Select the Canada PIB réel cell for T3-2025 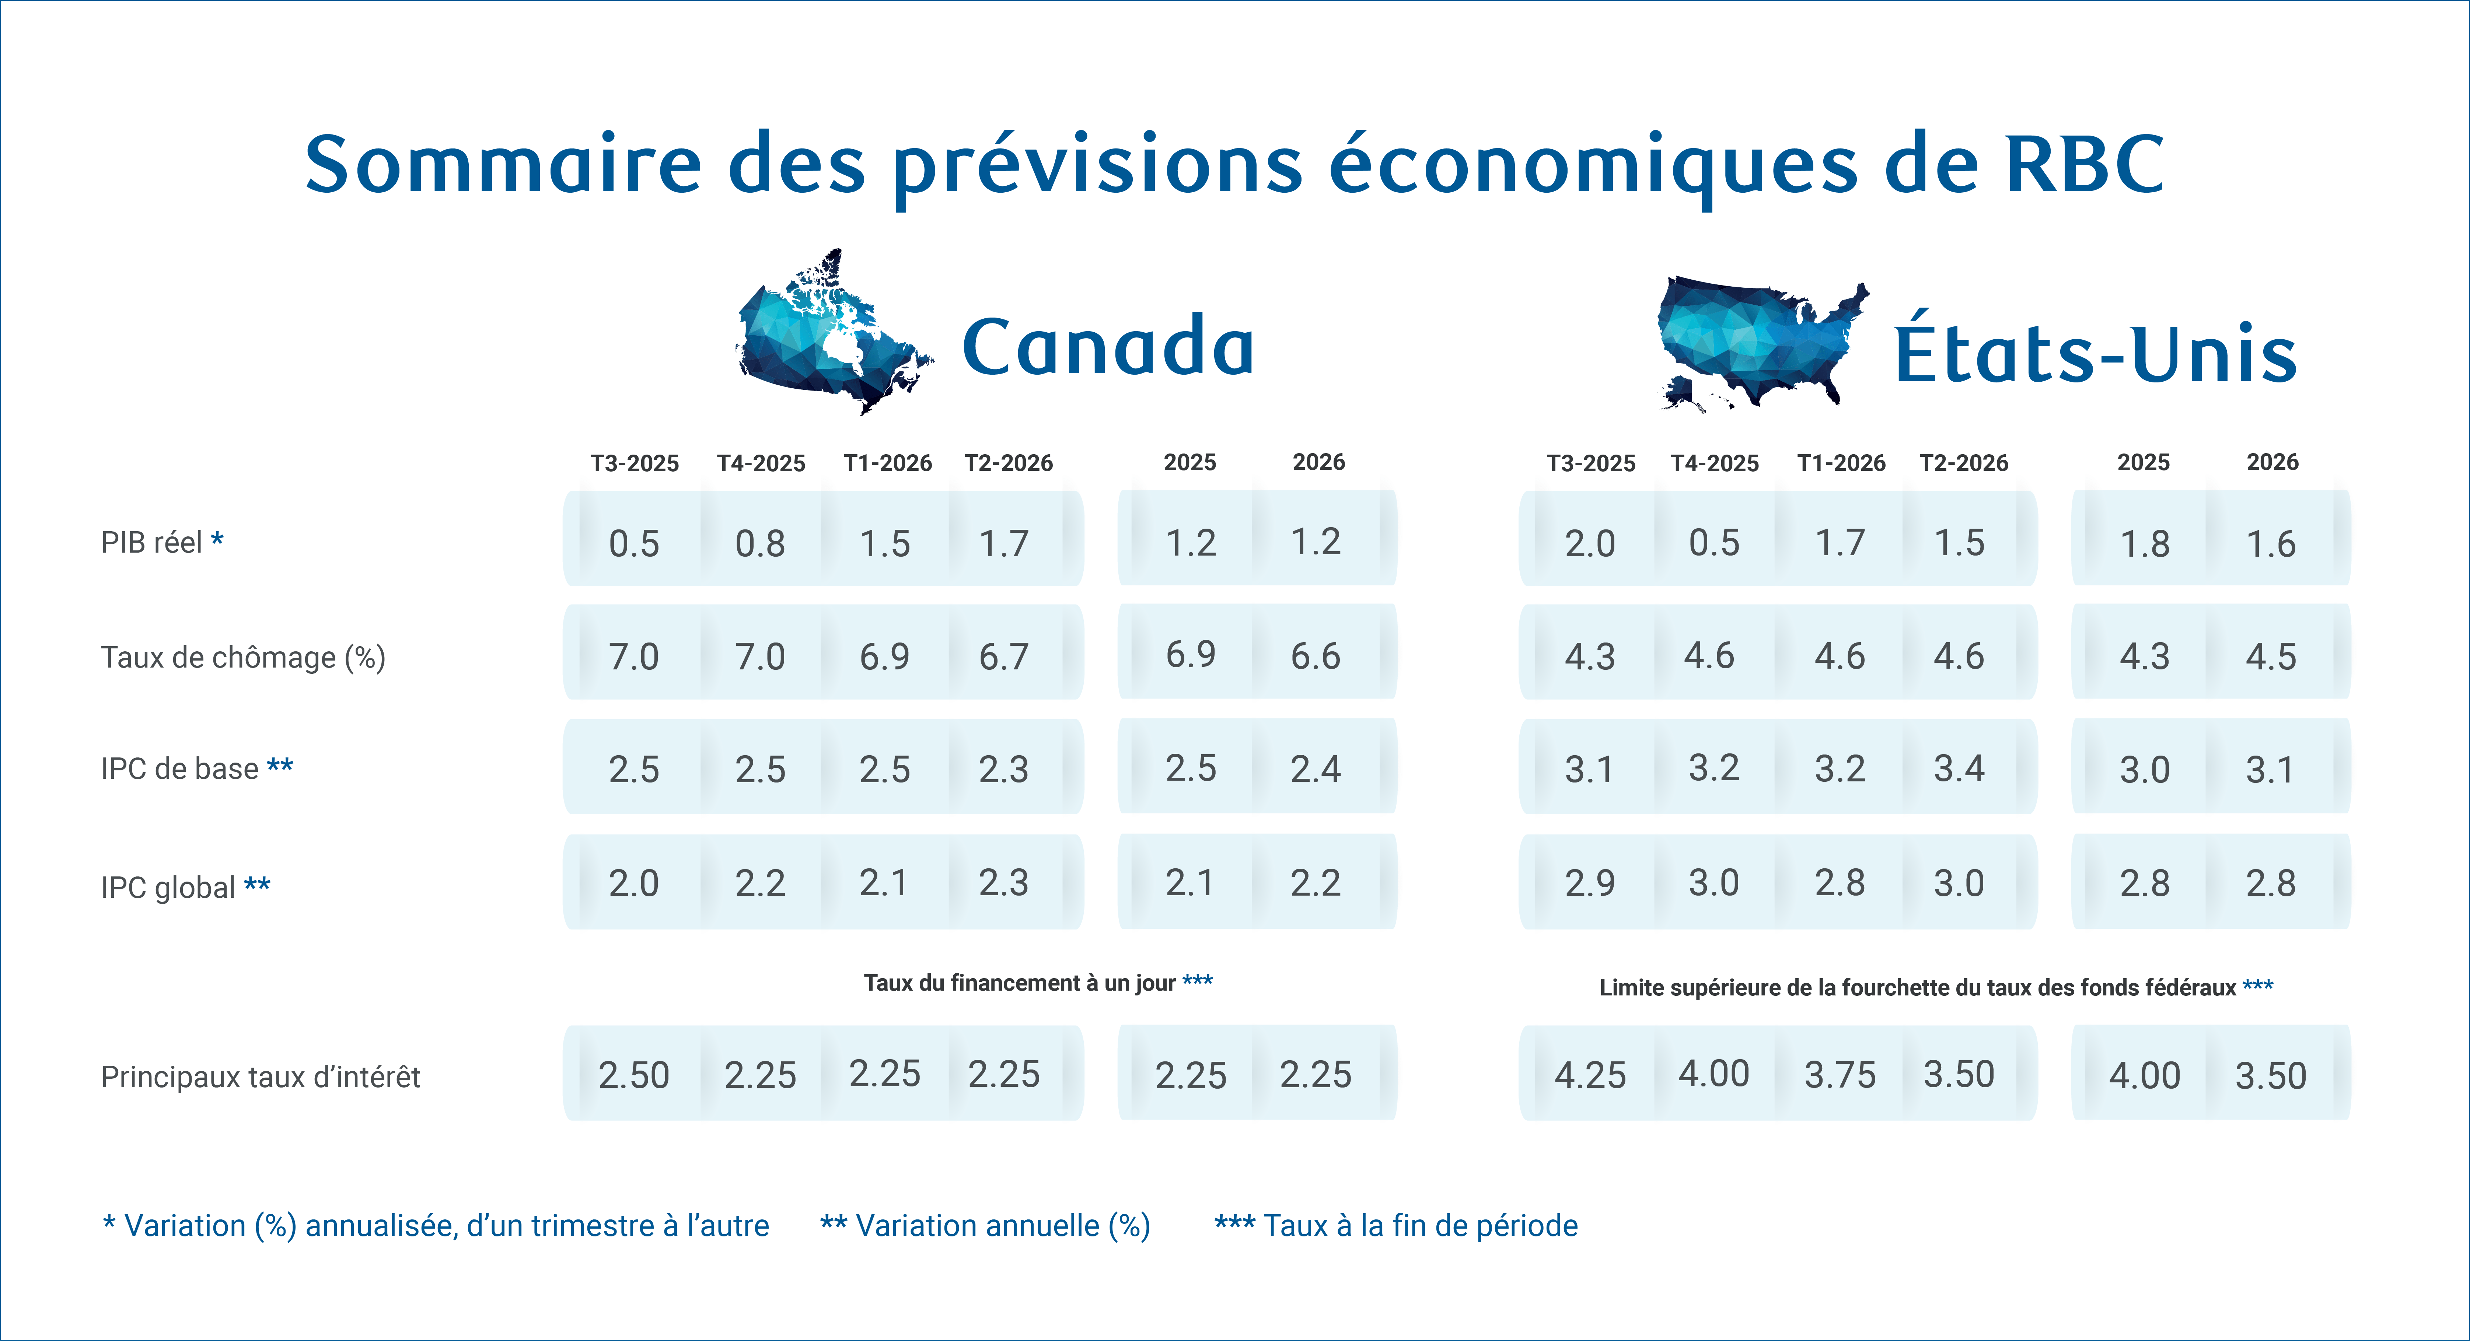point(634,543)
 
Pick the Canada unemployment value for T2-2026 point(1003,657)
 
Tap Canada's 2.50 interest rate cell point(634,1075)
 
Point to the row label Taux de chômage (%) point(242,658)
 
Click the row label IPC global point(185,887)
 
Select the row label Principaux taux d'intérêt point(260,1076)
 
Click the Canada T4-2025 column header point(760,463)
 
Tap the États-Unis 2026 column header point(2271,462)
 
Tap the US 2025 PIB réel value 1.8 point(2144,543)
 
